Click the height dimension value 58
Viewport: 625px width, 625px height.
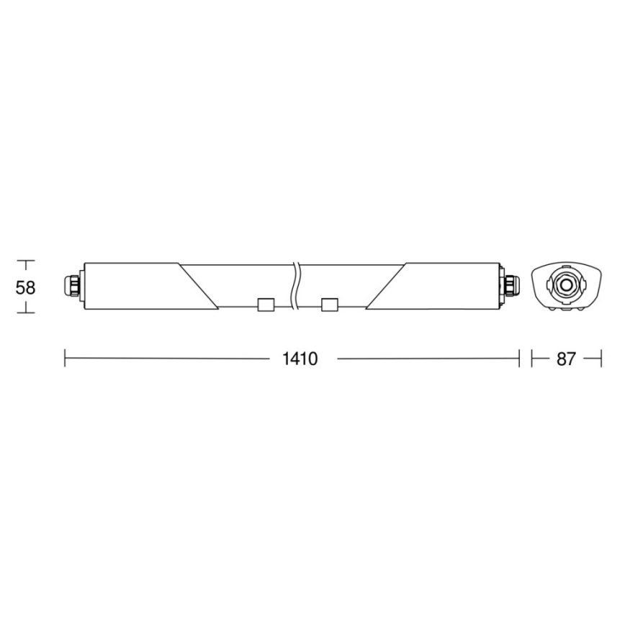tap(26, 287)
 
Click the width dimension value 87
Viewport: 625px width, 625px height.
tap(566, 359)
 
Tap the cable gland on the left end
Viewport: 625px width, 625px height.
tap(73, 286)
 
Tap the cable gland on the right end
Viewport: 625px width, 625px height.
tap(511, 286)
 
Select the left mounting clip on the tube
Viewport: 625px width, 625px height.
tap(264, 305)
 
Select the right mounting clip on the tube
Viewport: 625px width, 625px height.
tap(330, 305)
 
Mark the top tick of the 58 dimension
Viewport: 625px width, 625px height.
tap(26, 261)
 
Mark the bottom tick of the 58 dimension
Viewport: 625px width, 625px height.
tap(26, 311)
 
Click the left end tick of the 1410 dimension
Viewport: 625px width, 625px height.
tap(66, 358)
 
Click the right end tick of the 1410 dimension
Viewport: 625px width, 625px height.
tap(518, 358)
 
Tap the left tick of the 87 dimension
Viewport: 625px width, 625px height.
tap(532, 358)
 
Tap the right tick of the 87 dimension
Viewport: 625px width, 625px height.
tap(600, 358)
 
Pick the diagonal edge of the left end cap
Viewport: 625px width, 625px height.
tap(199, 287)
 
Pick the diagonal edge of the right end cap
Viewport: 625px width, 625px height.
tap(386, 287)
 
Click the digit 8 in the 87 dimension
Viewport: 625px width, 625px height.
tap(561, 359)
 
